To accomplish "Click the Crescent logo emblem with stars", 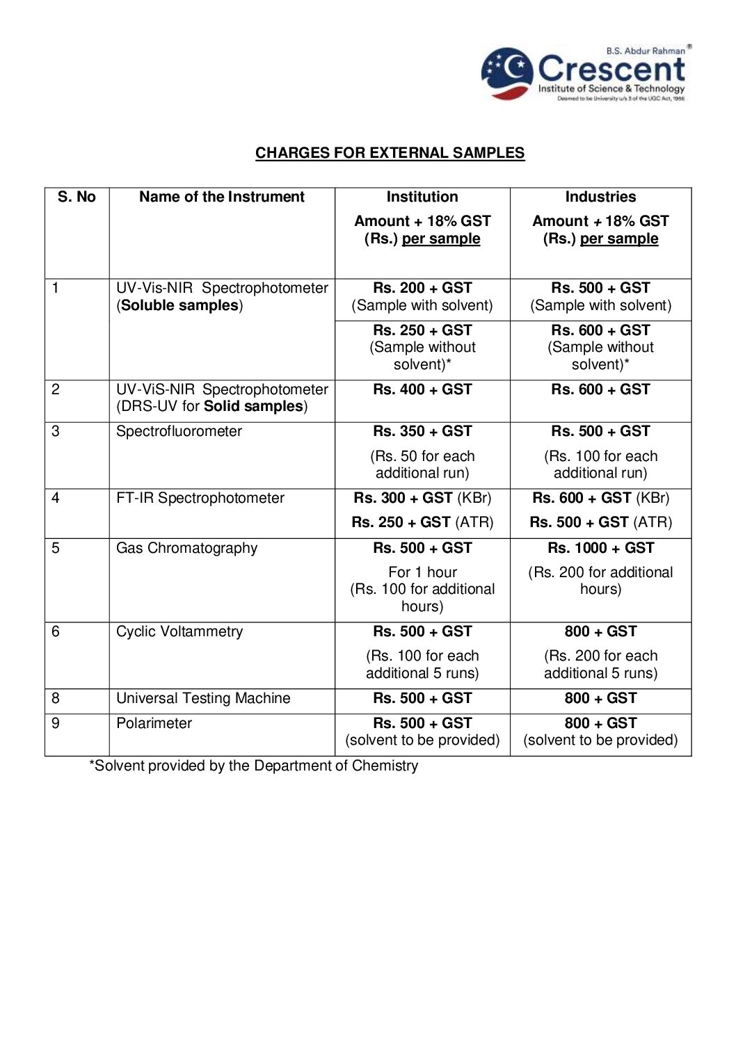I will pos(507,73).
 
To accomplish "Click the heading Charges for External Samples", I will pos(390,153).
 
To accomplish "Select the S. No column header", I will pos(77,197).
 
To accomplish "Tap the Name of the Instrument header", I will pos(221,197).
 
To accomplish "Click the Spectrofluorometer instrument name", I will pos(179,431).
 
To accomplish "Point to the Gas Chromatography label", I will pos(186,548).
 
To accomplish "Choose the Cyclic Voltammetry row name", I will pos(179,631).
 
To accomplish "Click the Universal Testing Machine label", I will pos(203,698).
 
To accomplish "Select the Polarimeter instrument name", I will pos(154,723).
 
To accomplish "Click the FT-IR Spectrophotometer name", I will pos(200,498).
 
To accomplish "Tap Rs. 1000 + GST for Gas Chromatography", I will pos(600,548).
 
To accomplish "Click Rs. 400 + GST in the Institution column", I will pos(422,389).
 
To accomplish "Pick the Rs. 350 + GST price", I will pos(422,431).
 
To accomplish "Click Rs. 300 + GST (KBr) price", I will pos(422,498).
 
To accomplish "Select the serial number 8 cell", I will pos(56,698).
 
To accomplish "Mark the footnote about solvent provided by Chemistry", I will pos(253,766).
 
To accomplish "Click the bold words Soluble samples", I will pos(179,305).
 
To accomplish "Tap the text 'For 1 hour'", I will pos(422,572).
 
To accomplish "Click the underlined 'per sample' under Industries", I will pos(619,239).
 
